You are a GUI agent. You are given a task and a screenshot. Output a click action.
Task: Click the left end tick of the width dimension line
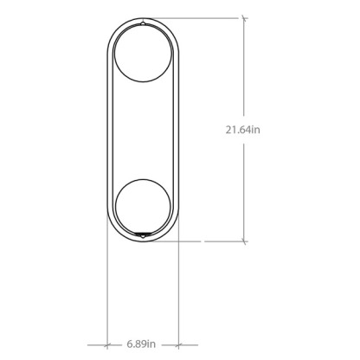107,343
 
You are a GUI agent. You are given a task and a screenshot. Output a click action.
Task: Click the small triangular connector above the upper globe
142,21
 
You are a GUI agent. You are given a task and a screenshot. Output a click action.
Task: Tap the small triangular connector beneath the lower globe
142,235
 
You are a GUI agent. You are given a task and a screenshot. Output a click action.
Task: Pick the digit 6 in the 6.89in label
127,344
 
